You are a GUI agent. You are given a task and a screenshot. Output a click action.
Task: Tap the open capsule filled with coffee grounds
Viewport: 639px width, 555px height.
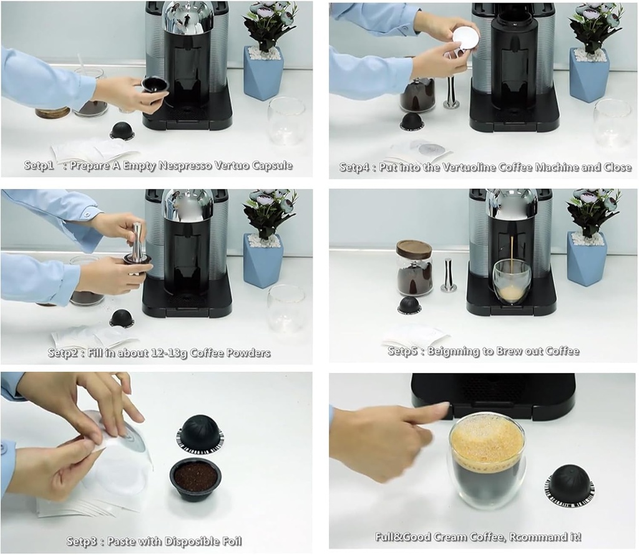click(195, 478)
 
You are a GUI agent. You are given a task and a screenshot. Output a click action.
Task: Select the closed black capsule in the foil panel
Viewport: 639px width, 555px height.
click(200, 432)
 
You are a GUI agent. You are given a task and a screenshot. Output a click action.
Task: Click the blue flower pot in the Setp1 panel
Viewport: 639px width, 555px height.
click(263, 74)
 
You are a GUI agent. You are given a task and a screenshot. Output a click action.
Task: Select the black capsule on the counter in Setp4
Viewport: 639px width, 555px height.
click(411, 121)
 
